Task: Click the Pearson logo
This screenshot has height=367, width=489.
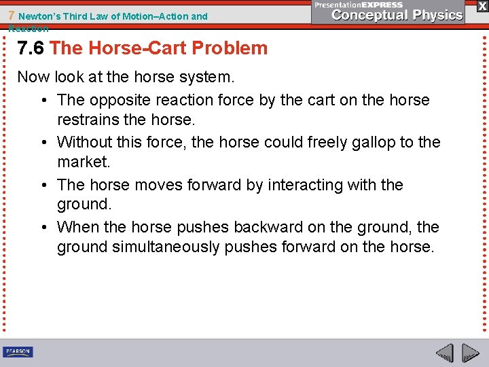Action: coord(18,351)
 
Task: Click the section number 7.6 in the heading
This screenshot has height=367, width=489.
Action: coord(31,48)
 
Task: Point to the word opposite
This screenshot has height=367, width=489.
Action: coord(120,100)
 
